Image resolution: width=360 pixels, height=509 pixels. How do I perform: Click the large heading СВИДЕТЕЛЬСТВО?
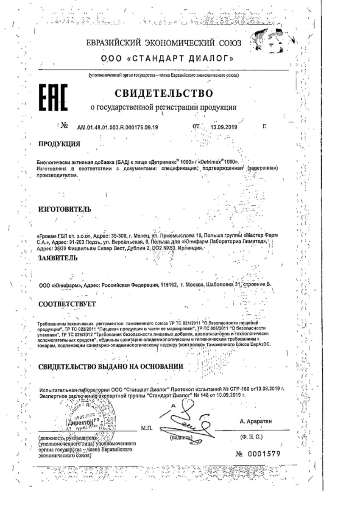164,92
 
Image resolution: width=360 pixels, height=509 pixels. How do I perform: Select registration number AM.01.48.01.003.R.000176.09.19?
117,127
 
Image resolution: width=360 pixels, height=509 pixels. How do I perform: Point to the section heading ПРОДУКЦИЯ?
59,143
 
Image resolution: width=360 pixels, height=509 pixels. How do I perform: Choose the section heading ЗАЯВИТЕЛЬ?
58,257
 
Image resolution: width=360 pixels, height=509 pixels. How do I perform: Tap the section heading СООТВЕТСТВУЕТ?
67,304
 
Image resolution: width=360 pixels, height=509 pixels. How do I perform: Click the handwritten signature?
188,420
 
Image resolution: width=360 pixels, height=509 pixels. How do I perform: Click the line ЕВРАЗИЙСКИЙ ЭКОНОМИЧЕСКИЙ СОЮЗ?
164,43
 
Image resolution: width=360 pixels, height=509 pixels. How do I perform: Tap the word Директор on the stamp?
79,423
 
